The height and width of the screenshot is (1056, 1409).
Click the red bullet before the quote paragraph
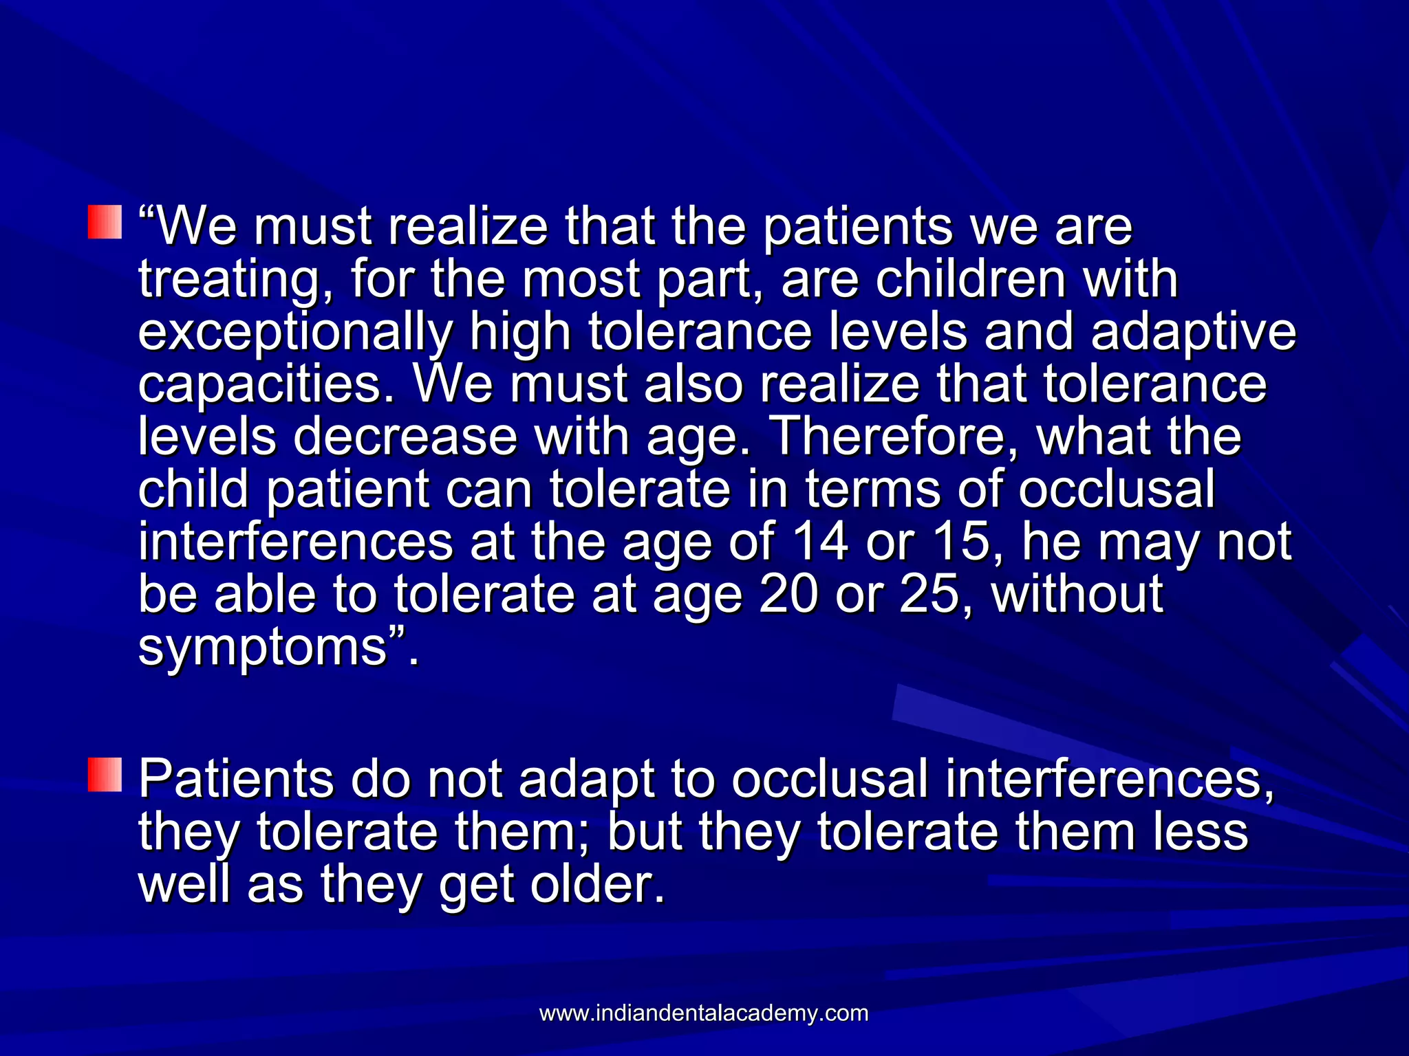[105, 222]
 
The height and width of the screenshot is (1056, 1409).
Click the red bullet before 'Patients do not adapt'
[105, 775]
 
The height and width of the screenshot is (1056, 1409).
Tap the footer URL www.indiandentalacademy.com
[704, 1013]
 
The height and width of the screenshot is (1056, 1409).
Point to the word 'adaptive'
[1194, 333]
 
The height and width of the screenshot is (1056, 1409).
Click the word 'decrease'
[405, 437]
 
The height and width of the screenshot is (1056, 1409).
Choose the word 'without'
[1077, 594]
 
